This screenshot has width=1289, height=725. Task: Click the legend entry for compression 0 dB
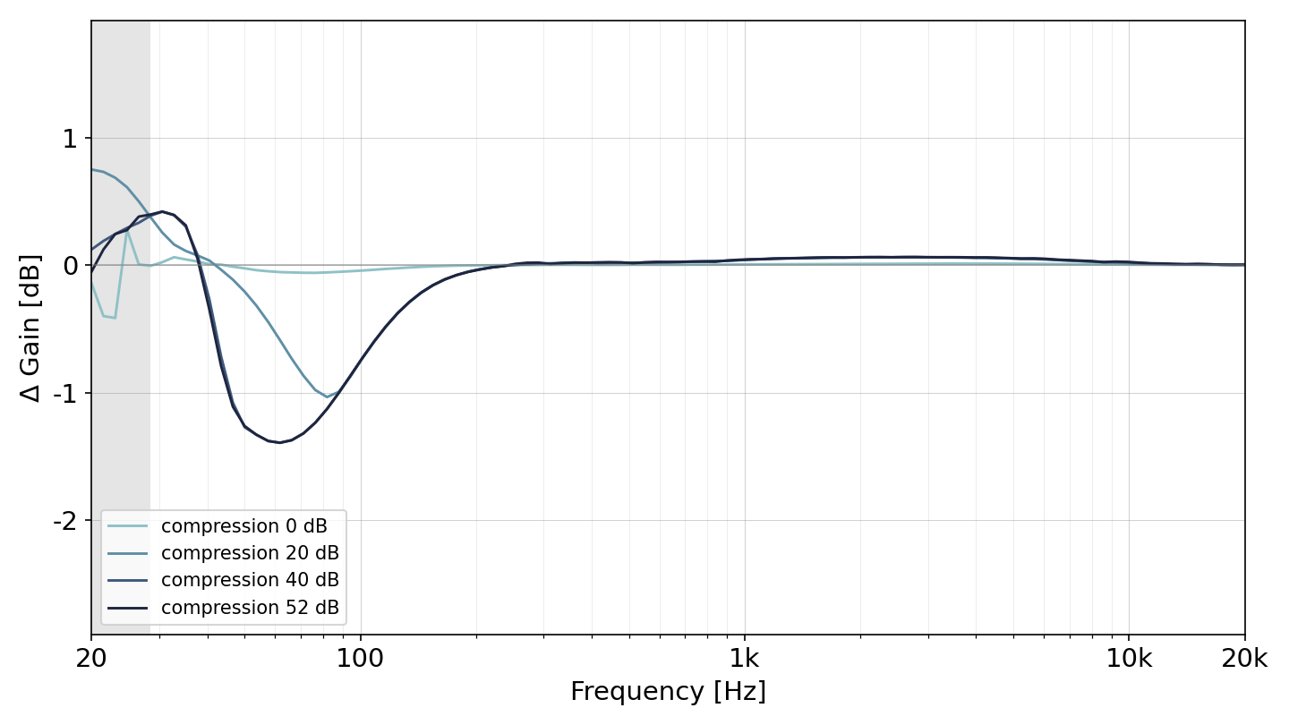pyautogui.click(x=244, y=526)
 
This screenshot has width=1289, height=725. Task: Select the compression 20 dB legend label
pyautogui.click(x=250, y=553)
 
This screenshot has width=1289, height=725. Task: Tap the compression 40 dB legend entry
pyautogui.click(x=250, y=580)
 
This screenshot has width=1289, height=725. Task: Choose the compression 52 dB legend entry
pyautogui.click(x=250, y=608)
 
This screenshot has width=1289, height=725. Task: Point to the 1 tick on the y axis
pyautogui.click(x=70, y=139)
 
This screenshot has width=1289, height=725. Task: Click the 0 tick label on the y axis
pyautogui.click(x=70, y=266)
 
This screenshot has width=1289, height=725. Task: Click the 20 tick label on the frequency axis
pyautogui.click(x=91, y=658)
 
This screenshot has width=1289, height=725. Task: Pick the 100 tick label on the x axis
pyautogui.click(x=360, y=658)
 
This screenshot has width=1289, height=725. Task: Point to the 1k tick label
pyautogui.click(x=745, y=658)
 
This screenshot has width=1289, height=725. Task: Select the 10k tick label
pyautogui.click(x=1129, y=658)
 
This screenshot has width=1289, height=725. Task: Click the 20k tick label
pyautogui.click(x=1244, y=658)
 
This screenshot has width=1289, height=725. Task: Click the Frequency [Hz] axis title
pyautogui.click(x=668, y=691)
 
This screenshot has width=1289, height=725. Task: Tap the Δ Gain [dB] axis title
pyautogui.click(x=30, y=328)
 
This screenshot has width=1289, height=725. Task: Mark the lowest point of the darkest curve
pyautogui.click(x=279, y=442)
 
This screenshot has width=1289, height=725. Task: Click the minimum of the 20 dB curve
pyautogui.click(x=327, y=397)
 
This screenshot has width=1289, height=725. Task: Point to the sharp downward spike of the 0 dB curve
pyautogui.click(x=115, y=318)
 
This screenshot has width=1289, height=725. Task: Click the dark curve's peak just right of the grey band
pyautogui.click(x=163, y=212)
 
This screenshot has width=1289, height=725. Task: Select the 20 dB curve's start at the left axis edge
pyautogui.click(x=92, y=169)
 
